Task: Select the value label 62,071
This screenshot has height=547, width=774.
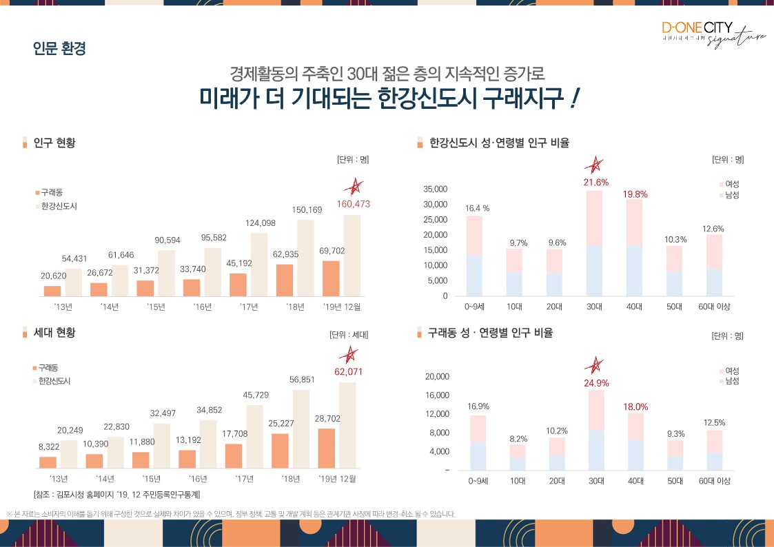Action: coord(348,372)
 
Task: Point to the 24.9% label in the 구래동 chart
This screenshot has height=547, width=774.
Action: coord(596,383)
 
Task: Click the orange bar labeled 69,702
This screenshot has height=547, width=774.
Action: coord(332,278)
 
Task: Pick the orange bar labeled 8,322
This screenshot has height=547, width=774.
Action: coord(48,462)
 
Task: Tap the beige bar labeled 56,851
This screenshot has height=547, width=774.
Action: coord(302,429)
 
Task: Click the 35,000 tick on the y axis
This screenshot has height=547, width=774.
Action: coord(435,189)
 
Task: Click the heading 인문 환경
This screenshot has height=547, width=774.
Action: coord(59,50)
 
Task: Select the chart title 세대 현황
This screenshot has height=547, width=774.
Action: coord(54,333)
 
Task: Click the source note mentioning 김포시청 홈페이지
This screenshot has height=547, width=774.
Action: coord(116,494)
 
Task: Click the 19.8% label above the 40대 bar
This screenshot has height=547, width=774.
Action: coord(635,194)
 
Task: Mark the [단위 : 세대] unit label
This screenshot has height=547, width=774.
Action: coord(349,335)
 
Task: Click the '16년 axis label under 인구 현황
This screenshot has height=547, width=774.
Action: coord(202,307)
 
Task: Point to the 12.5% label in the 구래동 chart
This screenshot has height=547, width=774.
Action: coord(714,422)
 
